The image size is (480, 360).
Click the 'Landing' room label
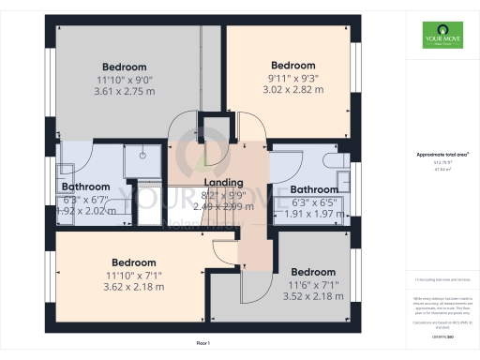point(223,182)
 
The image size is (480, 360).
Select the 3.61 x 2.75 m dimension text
point(125,93)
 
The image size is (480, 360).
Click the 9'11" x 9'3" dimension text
point(292,78)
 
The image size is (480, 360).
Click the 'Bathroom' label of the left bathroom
point(86,187)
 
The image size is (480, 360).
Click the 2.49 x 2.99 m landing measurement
point(223,204)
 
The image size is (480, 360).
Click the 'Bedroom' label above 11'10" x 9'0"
point(125,67)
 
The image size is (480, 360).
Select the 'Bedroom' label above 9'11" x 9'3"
point(292,65)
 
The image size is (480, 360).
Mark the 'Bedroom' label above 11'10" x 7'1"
point(134,262)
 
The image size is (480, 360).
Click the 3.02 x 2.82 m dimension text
point(292,90)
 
